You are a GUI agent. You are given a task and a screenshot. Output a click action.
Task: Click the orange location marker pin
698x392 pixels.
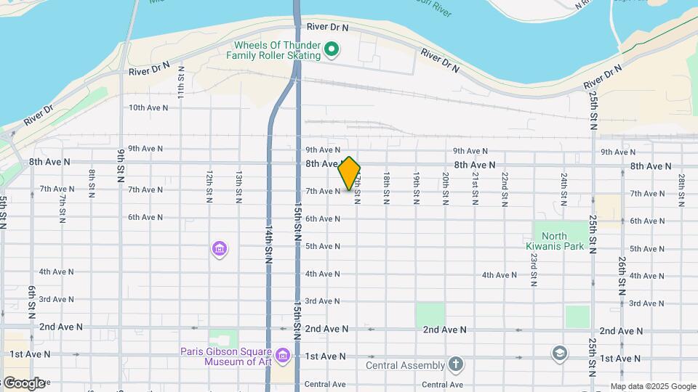[x=349, y=173]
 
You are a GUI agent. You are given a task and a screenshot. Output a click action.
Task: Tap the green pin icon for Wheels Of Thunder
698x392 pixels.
[x=332, y=50]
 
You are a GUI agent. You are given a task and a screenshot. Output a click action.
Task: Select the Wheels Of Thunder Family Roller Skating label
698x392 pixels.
[x=277, y=50]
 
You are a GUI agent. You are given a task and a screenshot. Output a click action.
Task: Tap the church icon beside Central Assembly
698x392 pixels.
[x=455, y=363]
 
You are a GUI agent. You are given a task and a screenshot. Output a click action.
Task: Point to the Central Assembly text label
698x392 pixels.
[x=405, y=365]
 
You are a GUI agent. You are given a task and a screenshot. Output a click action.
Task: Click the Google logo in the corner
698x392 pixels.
[x=23, y=383]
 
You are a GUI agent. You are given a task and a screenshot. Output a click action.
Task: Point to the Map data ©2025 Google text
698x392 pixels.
[x=653, y=386]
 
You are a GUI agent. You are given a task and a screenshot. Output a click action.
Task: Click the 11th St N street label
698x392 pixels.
[x=182, y=82]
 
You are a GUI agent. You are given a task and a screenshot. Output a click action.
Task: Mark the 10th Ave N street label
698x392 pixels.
[x=148, y=107]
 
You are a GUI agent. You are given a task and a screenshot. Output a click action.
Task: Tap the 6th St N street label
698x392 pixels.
[x=32, y=301]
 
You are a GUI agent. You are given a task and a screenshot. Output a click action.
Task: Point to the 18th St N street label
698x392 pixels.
[x=387, y=189]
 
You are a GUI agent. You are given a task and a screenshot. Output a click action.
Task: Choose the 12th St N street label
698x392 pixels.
[x=209, y=187]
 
